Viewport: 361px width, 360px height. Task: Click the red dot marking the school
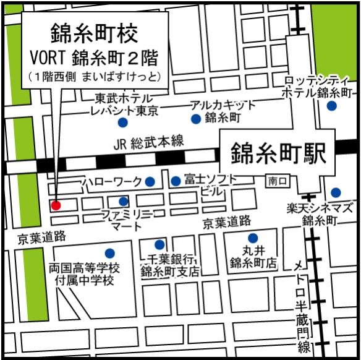click(x=56, y=205)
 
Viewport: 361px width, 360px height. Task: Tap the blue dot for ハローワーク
click(x=150, y=181)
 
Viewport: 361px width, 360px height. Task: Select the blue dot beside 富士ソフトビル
click(x=176, y=181)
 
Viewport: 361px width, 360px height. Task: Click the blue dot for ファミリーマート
click(x=124, y=201)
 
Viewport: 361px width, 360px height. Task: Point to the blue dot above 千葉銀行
click(x=159, y=244)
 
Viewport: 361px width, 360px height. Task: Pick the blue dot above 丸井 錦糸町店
click(x=252, y=238)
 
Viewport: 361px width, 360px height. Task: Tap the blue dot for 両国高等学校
click(x=109, y=253)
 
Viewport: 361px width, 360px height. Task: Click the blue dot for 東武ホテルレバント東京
click(x=124, y=122)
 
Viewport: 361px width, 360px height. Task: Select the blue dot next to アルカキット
click(x=196, y=118)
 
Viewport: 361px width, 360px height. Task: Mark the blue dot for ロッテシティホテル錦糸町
click(x=332, y=106)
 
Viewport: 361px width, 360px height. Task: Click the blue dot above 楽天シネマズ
click(x=336, y=192)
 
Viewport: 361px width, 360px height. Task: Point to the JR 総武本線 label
click(x=149, y=142)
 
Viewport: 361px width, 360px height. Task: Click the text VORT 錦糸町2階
click(x=94, y=58)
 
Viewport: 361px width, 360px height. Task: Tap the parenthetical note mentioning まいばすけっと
click(x=95, y=77)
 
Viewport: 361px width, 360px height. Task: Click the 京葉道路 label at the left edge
click(x=40, y=237)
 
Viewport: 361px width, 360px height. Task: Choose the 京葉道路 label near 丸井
click(x=227, y=221)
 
